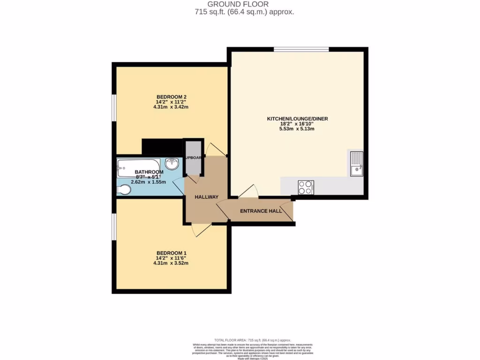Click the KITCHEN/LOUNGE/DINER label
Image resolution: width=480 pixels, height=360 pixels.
coord(297,119)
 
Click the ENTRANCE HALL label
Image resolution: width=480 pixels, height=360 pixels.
coord(261,211)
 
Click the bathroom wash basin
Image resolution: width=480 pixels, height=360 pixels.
coord(172,165)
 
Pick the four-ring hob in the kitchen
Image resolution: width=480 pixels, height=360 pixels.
coord(306,187)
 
